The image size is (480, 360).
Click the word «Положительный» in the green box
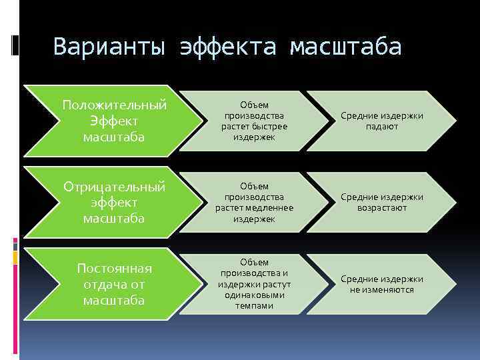(x=114, y=105)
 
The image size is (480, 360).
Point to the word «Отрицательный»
(x=114, y=187)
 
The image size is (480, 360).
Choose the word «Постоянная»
(x=114, y=268)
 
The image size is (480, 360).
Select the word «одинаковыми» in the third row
(x=255, y=295)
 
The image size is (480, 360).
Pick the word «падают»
(x=382, y=126)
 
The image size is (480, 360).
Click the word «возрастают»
(x=382, y=208)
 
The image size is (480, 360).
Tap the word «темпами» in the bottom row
(x=254, y=305)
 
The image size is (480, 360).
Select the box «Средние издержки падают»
(x=382, y=121)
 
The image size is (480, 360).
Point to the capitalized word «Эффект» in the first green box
(x=114, y=121)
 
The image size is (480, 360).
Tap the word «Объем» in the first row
(x=255, y=105)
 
